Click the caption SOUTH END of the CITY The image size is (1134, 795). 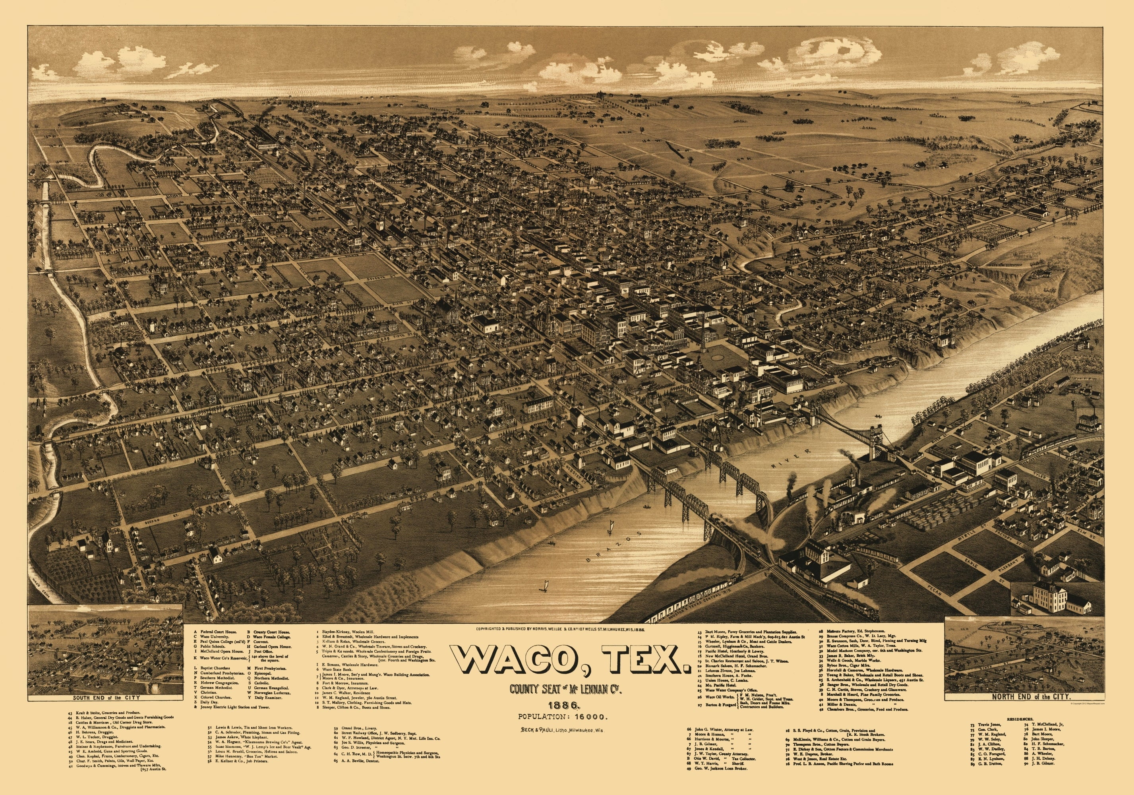(106, 698)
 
